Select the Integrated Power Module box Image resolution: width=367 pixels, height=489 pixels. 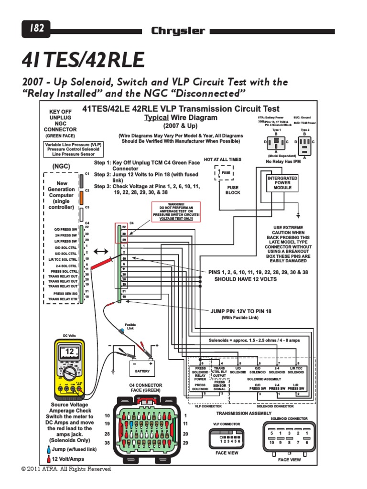(282, 183)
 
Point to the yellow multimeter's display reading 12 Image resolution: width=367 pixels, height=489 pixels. (70, 351)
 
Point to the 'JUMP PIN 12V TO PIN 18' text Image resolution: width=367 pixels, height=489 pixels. (241, 311)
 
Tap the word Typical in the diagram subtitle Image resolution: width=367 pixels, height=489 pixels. (156, 117)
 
